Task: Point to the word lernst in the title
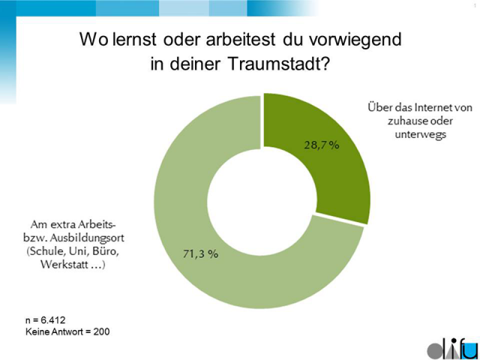[x=130, y=38]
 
